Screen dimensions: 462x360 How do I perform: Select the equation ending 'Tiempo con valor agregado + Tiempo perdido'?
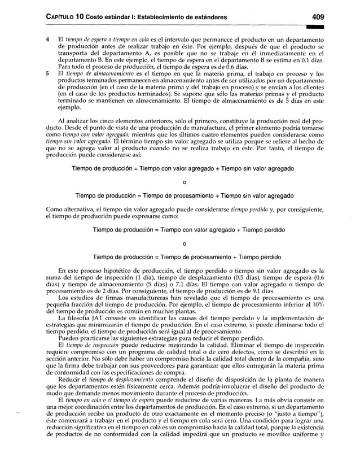tap(181, 230)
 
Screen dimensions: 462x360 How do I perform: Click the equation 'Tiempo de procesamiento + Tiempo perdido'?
tap(181, 256)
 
